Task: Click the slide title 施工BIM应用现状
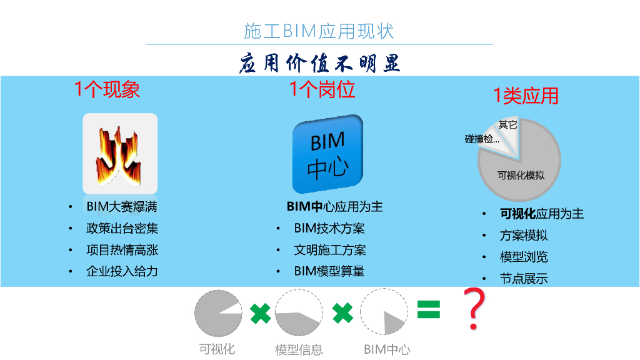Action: (319, 31)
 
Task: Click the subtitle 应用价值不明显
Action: (319, 63)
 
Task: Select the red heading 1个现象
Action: (107, 89)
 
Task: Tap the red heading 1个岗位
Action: (322, 89)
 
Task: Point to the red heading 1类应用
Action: (526, 96)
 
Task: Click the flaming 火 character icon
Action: (120, 153)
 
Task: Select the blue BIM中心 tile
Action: (327, 154)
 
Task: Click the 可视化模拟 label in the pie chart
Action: (520, 176)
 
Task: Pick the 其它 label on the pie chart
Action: (507, 124)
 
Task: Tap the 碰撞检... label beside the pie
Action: (482, 139)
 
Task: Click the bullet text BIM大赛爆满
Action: (121, 207)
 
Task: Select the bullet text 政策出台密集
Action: (122, 228)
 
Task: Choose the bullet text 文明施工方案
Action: (329, 250)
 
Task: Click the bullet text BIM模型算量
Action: (329, 271)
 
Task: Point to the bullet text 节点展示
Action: (524, 279)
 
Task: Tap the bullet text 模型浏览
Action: (524, 257)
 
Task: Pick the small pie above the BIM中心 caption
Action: (384, 312)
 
